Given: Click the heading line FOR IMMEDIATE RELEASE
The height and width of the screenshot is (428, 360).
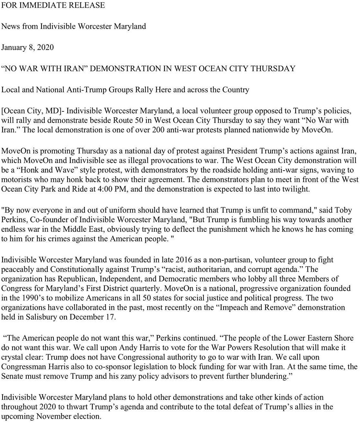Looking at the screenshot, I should [x=53, y=5].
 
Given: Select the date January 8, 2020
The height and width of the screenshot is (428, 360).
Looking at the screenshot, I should [x=28, y=47].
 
